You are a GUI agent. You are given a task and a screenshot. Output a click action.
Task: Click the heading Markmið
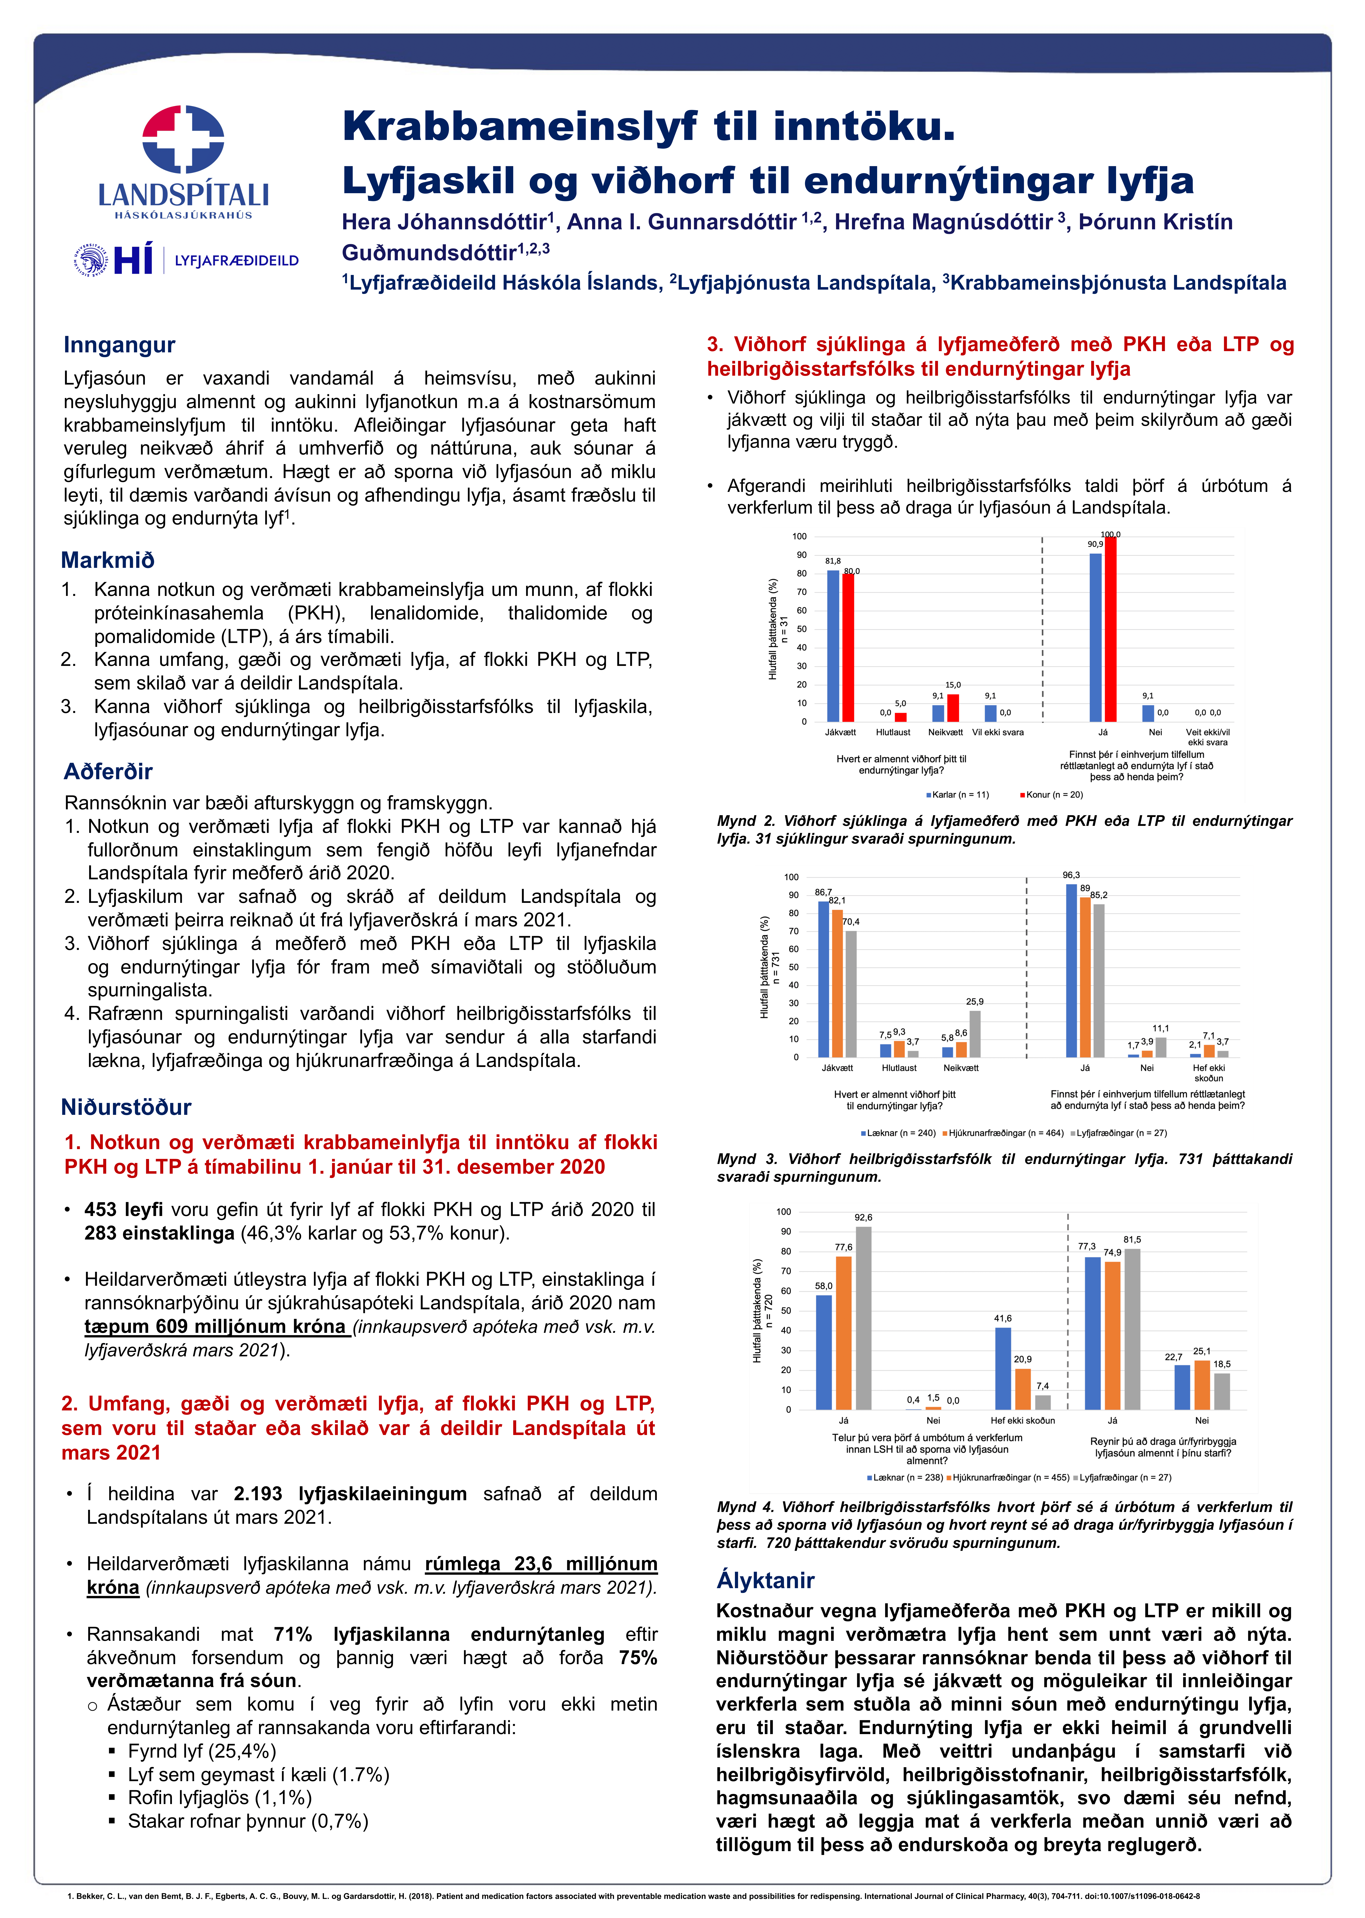coord(108,560)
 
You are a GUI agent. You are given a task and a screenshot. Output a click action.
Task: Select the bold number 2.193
coord(258,1494)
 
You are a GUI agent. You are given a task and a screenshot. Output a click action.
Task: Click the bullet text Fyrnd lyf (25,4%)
coord(202,1751)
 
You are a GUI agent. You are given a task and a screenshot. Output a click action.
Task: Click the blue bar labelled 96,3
coord(1071,971)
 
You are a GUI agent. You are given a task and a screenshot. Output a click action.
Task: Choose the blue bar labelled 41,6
coord(1003,1368)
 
